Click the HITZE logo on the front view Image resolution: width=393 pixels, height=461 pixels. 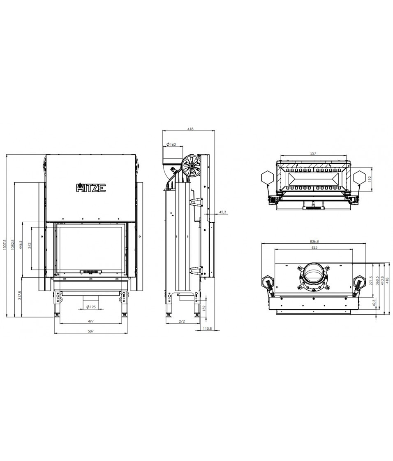[91, 188]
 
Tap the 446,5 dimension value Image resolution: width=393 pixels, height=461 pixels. [20, 245]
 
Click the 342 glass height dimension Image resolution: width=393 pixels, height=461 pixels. [29, 245]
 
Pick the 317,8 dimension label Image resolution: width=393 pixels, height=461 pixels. [20, 296]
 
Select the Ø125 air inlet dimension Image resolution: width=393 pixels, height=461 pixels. [91, 307]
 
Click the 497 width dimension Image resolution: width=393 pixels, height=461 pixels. [91, 321]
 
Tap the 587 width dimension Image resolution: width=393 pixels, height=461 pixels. [91, 331]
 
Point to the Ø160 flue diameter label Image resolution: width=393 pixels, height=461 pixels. [171, 144]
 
